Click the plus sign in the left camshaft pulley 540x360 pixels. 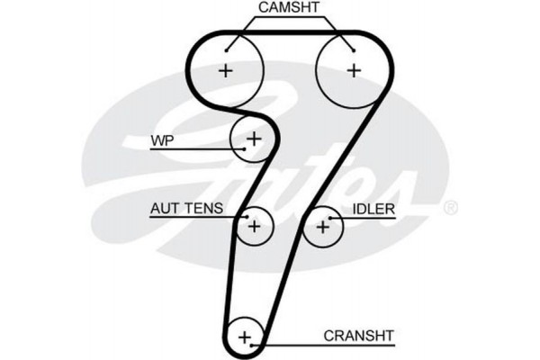coord(225,70)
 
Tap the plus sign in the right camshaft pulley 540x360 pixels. coord(354,70)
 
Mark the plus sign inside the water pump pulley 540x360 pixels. coord(255,139)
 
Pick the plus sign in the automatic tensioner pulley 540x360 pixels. coord(254,226)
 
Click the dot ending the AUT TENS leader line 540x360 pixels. coord(243,217)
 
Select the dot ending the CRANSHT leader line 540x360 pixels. coord(256,343)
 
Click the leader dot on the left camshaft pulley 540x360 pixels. coord(227,49)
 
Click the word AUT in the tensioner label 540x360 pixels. coord(163,209)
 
